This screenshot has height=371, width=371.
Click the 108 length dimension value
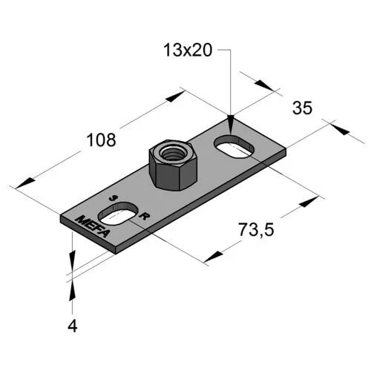(x=101, y=139)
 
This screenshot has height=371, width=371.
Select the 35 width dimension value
(x=301, y=108)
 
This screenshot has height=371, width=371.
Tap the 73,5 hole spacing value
(x=256, y=231)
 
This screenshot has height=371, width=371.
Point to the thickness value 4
(x=72, y=324)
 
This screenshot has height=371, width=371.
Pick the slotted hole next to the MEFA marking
(x=119, y=216)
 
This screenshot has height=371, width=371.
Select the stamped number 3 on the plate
(x=113, y=198)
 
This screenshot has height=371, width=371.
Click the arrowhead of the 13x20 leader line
(x=232, y=119)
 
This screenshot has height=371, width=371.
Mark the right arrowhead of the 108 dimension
(x=176, y=95)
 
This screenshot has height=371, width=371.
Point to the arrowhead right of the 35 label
(x=339, y=128)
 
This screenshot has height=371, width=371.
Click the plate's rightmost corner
(x=286, y=154)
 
